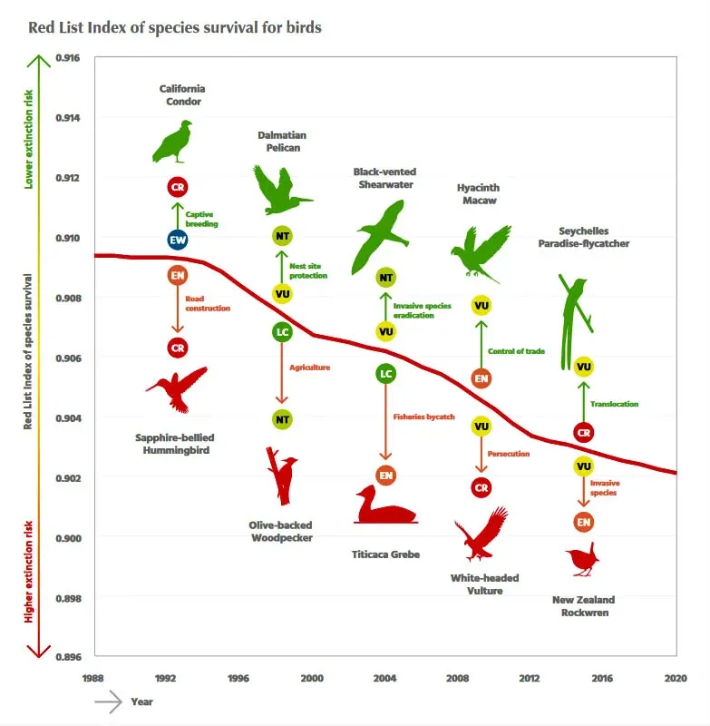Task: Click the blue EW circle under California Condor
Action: coord(178,240)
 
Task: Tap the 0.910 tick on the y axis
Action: coord(68,238)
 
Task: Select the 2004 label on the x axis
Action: coord(384,678)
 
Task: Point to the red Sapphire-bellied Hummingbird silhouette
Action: coord(179,388)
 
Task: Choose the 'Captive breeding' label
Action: coord(202,219)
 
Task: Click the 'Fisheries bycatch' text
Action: coord(423,417)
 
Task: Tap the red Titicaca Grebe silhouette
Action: coord(386,508)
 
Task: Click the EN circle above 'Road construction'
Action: coord(178,275)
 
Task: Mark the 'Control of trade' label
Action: coord(516,351)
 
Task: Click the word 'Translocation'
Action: coord(614,405)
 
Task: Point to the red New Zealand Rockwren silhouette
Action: coord(579,562)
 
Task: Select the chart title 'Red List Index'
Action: coord(175,27)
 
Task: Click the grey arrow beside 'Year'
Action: coord(108,701)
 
